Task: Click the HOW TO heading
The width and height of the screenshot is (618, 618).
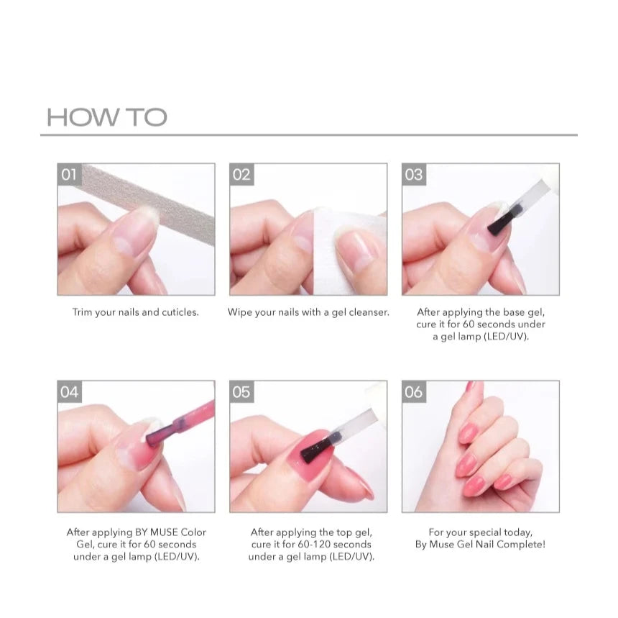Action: click(107, 117)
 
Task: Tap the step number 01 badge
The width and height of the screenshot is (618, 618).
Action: click(70, 174)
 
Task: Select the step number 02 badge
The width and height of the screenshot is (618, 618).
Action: click(241, 174)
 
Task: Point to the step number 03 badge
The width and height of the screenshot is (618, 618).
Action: click(414, 174)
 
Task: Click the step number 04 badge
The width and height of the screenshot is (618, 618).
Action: click(70, 392)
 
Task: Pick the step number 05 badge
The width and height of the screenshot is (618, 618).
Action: click(241, 392)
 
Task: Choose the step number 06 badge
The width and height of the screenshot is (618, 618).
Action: click(414, 392)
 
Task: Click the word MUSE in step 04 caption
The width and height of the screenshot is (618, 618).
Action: click(164, 532)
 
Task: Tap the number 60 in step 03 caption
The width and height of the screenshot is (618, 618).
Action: click(469, 324)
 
